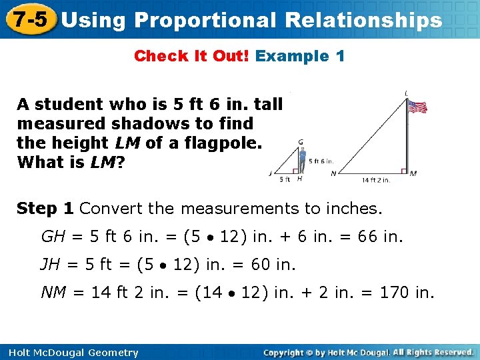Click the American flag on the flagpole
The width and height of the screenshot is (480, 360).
click(417, 107)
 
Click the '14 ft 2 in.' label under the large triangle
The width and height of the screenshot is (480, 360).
click(376, 179)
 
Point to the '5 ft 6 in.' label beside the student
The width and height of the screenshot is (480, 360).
click(321, 161)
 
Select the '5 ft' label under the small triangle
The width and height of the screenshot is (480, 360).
click(285, 179)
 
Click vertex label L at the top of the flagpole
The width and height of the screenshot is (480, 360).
click(407, 93)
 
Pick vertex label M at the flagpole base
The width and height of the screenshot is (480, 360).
click(413, 173)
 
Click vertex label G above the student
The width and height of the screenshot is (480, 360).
click(301, 142)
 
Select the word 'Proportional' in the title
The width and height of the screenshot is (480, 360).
click(205, 20)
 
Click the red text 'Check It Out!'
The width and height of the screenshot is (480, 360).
click(192, 56)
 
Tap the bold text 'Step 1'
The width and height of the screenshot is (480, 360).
click(45, 209)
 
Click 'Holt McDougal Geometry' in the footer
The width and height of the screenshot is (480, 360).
click(70, 353)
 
